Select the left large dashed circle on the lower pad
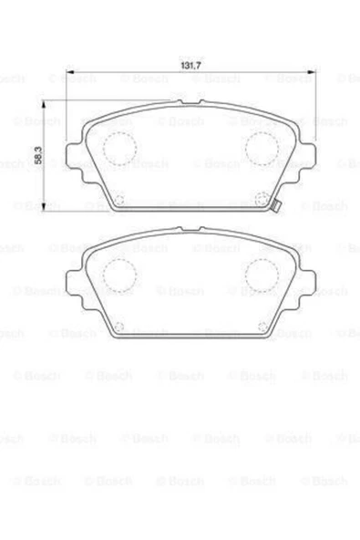coord(117,272)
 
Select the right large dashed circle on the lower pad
coord(262,272)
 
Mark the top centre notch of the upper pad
coord(190,103)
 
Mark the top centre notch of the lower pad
coord(190,230)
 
